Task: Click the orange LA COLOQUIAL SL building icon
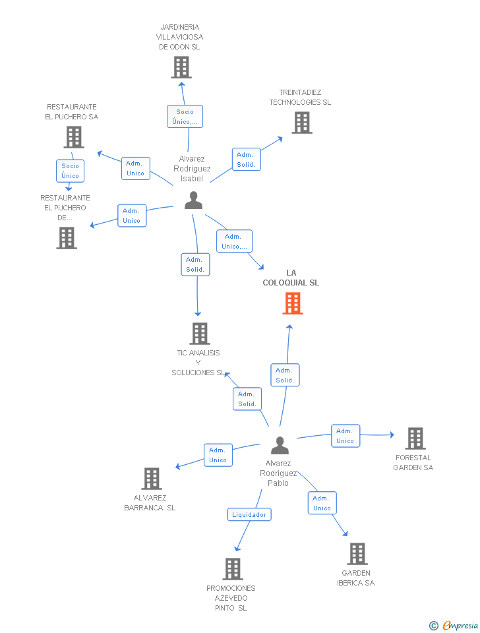tap(293, 303)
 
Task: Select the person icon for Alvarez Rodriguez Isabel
tap(193, 200)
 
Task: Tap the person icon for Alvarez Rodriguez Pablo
tap(280, 445)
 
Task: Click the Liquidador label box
tap(249, 514)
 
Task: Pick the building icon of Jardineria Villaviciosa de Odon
tap(181, 67)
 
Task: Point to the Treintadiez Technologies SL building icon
tap(302, 123)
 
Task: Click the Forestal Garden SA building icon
tap(415, 438)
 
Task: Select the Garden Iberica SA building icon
tap(357, 553)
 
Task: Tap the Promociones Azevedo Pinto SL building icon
tap(233, 569)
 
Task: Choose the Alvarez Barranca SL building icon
tap(152, 479)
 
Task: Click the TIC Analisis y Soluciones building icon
tap(200, 334)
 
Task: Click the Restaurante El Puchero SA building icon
tap(74, 137)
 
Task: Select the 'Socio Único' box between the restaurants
tap(71, 171)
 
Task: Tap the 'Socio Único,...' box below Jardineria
tap(185, 117)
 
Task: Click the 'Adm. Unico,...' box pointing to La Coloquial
tap(235, 241)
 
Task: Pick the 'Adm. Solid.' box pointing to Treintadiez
tap(246, 160)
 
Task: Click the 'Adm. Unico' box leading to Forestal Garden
tap(345, 436)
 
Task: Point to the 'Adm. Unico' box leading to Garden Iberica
tap(322, 503)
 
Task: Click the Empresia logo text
tap(460, 625)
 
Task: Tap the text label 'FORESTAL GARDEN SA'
tap(413, 463)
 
